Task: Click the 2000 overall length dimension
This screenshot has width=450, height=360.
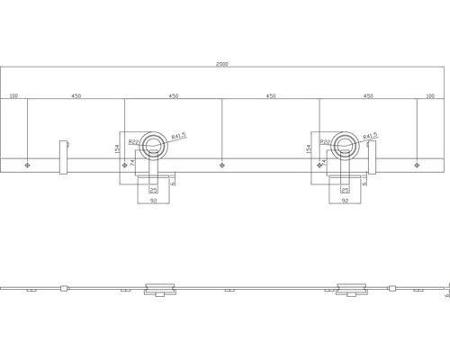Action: click(x=220, y=65)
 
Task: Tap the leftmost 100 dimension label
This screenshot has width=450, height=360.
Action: click(x=13, y=96)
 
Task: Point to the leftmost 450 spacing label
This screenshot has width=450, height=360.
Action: click(x=76, y=96)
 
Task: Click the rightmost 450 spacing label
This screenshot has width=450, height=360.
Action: click(x=367, y=96)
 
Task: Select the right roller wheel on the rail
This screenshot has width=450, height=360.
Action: click(x=345, y=144)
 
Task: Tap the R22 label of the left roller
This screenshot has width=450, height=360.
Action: click(x=132, y=142)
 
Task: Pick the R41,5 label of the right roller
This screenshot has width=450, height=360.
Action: click(x=370, y=136)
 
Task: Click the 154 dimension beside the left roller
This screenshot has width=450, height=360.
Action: click(x=118, y=149)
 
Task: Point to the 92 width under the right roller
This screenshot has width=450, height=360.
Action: click(x=346, y=202)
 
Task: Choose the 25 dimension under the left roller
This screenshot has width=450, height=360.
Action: click(x=154, y=190)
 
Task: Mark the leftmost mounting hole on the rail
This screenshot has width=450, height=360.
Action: click(x=28, y=165)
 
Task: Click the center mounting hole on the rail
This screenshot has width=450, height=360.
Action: click(x=221, y=165)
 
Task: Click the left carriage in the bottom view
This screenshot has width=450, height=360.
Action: click(x=159, y=289)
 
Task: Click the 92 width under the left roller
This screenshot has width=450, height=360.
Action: click(x=155, y=202)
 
